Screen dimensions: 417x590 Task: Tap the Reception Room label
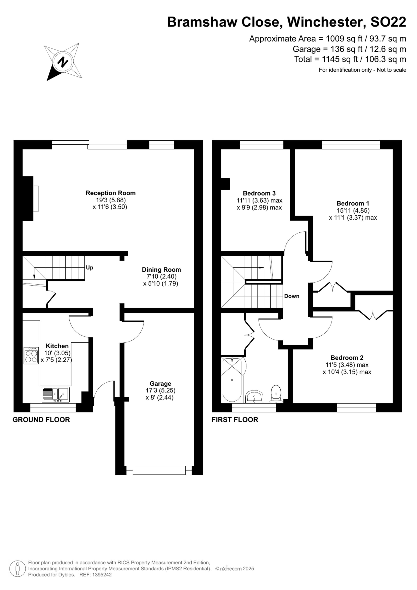[111, 193]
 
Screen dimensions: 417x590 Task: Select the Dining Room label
[161, 270]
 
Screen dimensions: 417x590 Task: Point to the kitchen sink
[55, 395]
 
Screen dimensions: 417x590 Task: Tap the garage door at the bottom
[159, 470]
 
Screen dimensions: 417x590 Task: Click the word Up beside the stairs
[89, 267]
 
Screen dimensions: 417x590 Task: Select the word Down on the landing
[292, 296]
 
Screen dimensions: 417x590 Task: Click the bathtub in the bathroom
[232, 380]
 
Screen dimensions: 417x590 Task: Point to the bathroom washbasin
[254, 397]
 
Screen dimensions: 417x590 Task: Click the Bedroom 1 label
[353, 204]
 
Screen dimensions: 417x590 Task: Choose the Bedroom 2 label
[347, 358]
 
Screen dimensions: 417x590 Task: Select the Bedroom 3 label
[259, 193]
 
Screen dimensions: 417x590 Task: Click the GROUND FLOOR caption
[41, 420]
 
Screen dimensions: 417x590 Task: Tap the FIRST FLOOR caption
[235, 420]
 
